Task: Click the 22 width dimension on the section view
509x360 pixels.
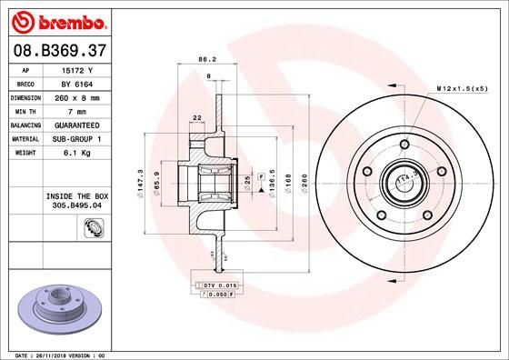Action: tap(195, 115)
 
